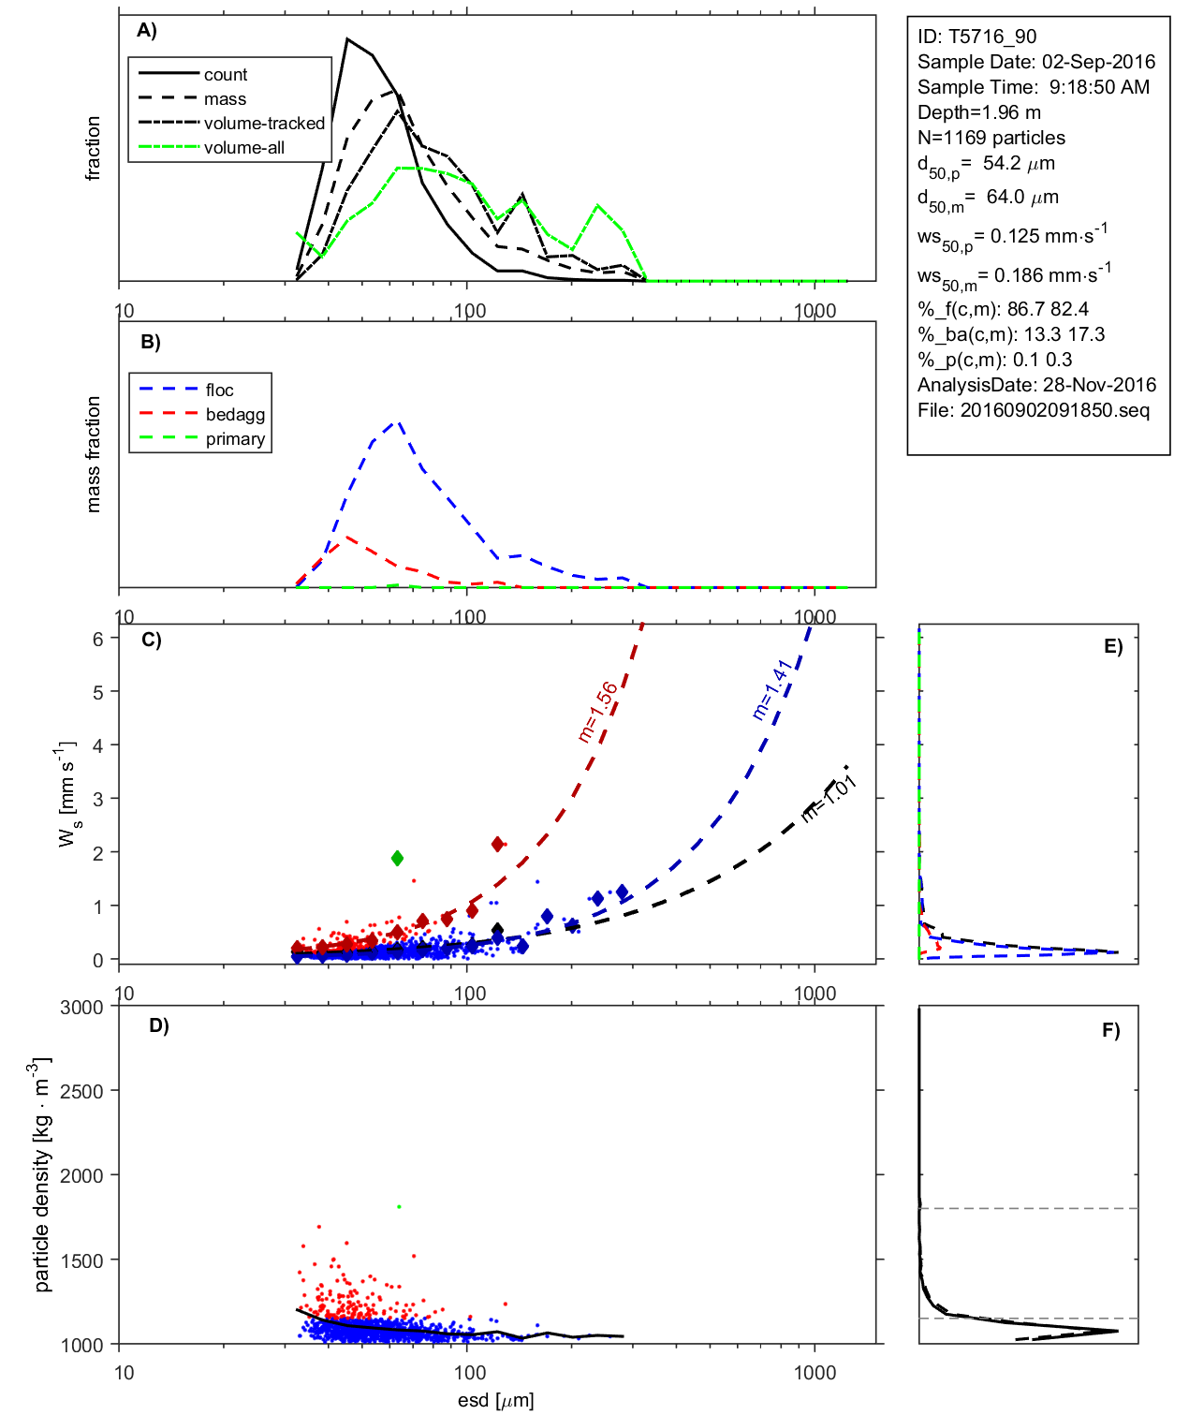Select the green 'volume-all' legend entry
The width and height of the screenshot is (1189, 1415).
click(243, 148)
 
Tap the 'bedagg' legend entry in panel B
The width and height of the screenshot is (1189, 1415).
click(235, 415)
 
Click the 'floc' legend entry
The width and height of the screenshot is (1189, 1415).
click(219, 391)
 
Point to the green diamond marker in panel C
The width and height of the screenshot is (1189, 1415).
click(397, 858)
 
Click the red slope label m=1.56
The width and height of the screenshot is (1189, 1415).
click(597, 712)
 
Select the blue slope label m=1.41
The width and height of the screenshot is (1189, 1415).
click(772, 689)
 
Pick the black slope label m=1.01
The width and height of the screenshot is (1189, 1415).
click(829, 799)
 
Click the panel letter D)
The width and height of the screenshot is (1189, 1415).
click(159, 1025)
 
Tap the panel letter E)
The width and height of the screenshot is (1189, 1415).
click(1112, 646)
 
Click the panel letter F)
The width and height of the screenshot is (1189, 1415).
click(1110, 1030)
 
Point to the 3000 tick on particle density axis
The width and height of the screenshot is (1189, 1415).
click(81, 1008)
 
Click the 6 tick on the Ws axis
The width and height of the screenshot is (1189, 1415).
click(97, 639)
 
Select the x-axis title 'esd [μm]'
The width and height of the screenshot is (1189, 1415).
click(495, 1400)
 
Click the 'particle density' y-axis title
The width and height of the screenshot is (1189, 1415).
click(41, 1175)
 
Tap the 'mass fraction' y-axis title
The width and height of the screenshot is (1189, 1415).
click(93, 454)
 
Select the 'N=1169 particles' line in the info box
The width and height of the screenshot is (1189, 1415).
click(991, 138)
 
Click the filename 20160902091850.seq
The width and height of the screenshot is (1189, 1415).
click(1054, 410)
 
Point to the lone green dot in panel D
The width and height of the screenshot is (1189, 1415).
click(399, 1207)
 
